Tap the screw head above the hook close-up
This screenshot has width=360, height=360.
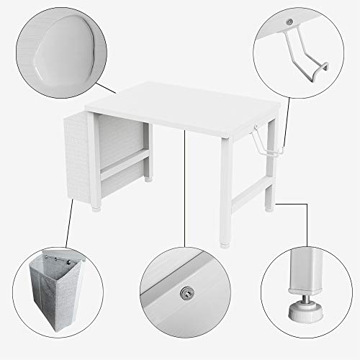pos(289,23)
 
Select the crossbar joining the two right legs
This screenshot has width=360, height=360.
pos(248,189)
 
